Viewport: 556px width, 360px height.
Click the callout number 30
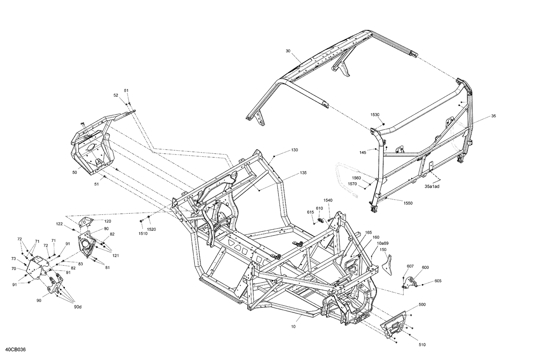point(288,51)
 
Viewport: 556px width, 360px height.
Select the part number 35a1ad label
point(432,187)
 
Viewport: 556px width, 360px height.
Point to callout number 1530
point(375,115)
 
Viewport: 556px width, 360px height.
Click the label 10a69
point(383,243)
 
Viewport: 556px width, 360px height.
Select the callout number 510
point(422,345)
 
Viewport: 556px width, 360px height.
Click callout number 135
point(303,173)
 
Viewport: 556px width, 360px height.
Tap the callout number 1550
point(408,203)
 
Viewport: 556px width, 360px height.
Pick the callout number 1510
point(143,234)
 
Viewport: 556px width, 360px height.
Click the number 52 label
point(116,95)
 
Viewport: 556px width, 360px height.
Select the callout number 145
point(363,152)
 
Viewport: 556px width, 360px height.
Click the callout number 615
point(310,212)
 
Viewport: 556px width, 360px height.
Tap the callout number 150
point(383,250)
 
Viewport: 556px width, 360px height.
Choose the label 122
point(59,224)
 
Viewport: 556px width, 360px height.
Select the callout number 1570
point(352,184)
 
